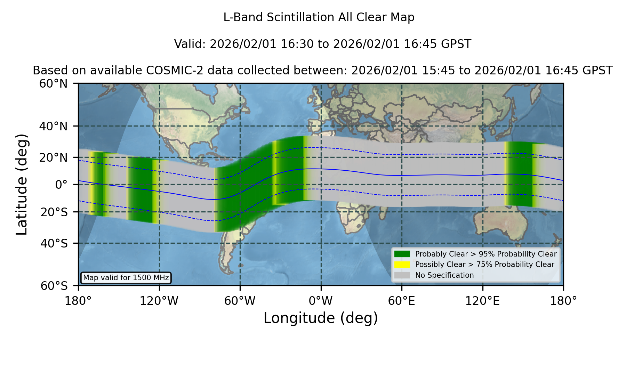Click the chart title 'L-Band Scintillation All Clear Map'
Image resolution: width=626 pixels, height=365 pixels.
[319, 17]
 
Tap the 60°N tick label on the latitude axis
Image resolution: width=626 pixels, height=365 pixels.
[53, 84]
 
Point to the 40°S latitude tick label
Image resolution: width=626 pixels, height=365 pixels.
[54, 243]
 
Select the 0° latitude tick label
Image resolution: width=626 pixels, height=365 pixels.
[61, 185]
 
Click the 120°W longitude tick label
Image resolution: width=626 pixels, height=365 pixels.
[159, 301]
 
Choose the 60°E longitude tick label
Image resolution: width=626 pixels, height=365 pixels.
[402, 301]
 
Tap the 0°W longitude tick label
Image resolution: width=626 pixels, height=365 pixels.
[321, 301]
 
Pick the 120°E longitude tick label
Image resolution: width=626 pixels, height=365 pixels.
[482, 301]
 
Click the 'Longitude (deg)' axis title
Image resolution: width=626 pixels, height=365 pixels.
[321, 318]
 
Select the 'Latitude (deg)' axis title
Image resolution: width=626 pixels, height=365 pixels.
[22, 184]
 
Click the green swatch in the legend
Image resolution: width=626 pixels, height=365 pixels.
[402, 254]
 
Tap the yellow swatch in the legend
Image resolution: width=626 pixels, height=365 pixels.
[402, 265]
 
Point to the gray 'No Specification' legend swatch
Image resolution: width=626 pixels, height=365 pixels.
[402, 275]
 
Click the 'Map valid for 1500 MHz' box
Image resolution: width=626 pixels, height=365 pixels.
[126, 278]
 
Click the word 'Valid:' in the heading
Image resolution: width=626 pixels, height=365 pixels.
[190, 44]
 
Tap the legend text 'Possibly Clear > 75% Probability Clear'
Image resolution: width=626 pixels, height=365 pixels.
[484, 265]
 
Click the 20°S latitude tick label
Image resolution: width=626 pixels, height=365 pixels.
[54, 212]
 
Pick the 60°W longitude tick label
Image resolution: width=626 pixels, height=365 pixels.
[240, 301]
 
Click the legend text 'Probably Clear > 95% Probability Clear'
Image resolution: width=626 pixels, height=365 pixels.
[486, 254]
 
